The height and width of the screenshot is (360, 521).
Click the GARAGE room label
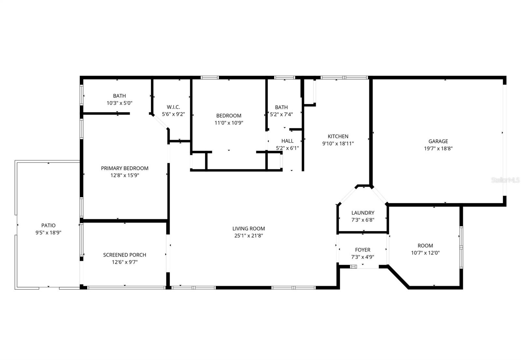click(438, 141)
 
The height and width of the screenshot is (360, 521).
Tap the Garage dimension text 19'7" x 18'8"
click(438, 149)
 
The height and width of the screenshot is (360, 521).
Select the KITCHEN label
click(338, 136)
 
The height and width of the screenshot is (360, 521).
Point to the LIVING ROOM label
click(248, 228)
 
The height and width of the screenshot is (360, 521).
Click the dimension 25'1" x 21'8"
click(248, 236)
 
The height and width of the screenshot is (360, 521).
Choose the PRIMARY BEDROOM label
click(125, 168)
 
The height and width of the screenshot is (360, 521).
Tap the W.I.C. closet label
click(173, 107)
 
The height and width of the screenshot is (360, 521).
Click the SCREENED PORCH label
click(125, 255)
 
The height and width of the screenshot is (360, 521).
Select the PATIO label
click(49, 225)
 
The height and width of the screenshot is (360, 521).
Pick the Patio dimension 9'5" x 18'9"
click(49, 233)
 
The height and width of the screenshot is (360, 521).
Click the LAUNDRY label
click(363, 213)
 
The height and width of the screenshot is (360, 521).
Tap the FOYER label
click(363, 250)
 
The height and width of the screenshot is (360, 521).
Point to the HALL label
click(287, 141)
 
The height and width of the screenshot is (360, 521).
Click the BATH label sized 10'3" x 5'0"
click(120, 96)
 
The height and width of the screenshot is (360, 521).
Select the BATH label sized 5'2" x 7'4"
click(281, 107)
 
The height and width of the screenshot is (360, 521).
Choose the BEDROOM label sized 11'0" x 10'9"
click(229, 116)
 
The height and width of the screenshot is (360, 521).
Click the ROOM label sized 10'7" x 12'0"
click(425, 245)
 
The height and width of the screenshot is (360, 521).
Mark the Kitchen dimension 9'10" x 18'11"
click(338, 143)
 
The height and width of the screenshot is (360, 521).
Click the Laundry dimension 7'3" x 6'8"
click(363, 220)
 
